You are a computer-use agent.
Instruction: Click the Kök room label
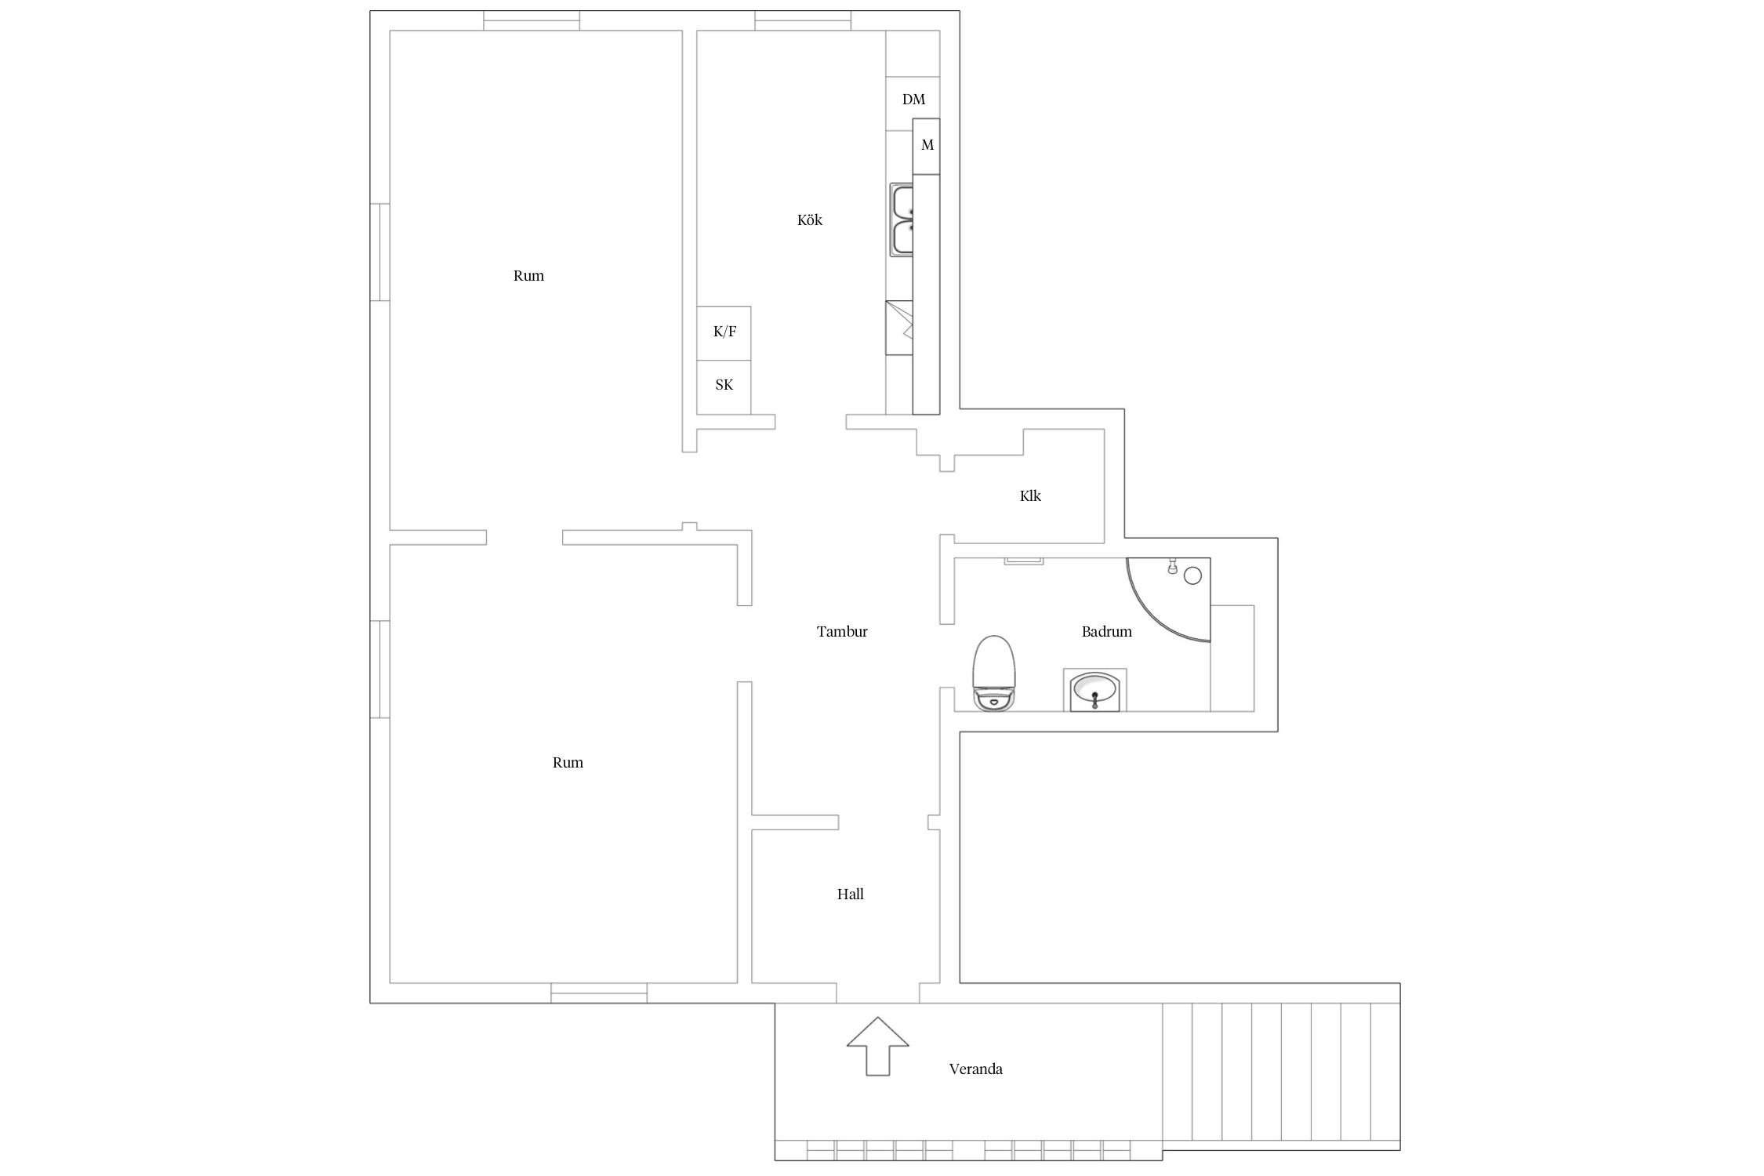[809, 220]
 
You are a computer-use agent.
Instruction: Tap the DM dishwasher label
[913, 100]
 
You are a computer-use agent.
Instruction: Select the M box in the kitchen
[927, 147]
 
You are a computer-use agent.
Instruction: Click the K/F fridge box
[724, 333]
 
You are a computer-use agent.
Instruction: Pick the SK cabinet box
[724, 387]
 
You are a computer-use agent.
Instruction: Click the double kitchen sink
[902, 220]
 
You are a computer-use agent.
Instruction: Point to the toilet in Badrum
[994, 673]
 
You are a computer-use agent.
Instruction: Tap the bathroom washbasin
[1094, 690]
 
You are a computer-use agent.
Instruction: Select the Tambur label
[842, 632]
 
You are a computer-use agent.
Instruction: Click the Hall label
[850, 895]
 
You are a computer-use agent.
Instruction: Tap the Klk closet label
[1030, 496]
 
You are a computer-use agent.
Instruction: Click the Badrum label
[1106, 632]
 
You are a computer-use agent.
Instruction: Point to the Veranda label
[975, 1069]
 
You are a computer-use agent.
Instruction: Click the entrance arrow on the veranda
[878, 1047]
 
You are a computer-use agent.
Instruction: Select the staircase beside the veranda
[1281, 1072]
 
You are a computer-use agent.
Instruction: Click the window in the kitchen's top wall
[803, 20]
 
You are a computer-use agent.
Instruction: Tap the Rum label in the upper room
[528, 276]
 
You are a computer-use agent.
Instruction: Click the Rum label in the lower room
[568, 763]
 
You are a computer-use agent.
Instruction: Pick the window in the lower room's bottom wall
[599, 993]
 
